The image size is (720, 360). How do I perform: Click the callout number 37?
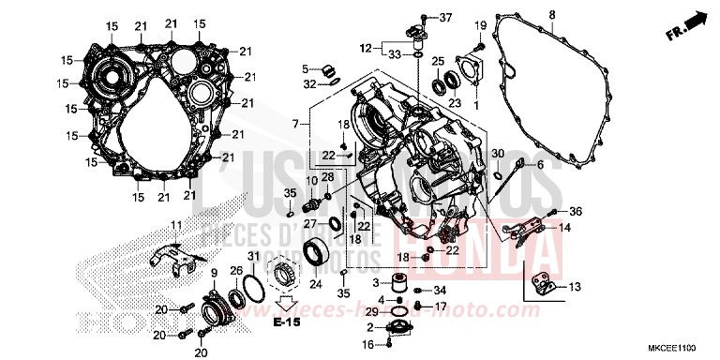[445, 18]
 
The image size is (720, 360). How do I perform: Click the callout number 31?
[251, 257]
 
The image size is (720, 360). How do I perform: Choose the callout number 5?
[306, 68]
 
